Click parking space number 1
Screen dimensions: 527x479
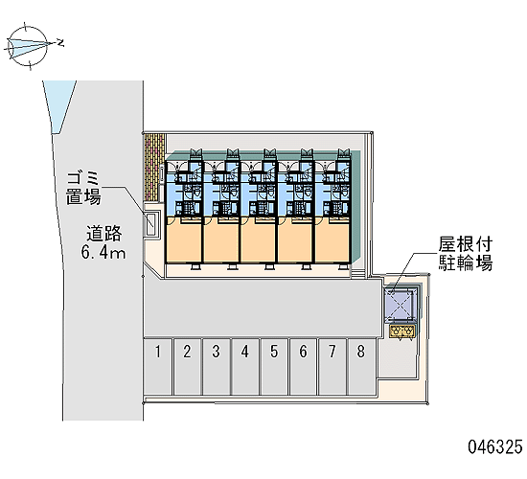click(x=158, y=366)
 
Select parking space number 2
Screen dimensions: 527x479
click(x=188, y=366)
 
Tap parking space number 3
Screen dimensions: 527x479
click(x=217, y=366)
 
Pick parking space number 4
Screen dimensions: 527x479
click(x=245, y=366)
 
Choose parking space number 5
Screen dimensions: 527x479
click(x=274, y=366)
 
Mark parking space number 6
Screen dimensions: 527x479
click(x=303, y=366)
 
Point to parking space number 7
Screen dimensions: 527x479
click(x=332, y=366)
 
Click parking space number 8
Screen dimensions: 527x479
click(x=361, y=366)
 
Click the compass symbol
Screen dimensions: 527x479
click(x=28, y=46)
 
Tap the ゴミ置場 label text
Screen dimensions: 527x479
click(x=83, y=189)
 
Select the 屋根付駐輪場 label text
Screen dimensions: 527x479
click(x=465, y=254)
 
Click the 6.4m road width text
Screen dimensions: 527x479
click(x=103, y=252)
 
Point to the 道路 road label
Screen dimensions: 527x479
click(x=103, y=234)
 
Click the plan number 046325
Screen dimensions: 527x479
click(x=495, y=447)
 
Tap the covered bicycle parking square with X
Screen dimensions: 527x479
click(x=400, y=303)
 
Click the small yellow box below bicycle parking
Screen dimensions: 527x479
click(x=402, y=331)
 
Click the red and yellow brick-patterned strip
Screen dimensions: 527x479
click(x=154, y=168)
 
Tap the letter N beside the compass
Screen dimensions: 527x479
click(x=60, y=43)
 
